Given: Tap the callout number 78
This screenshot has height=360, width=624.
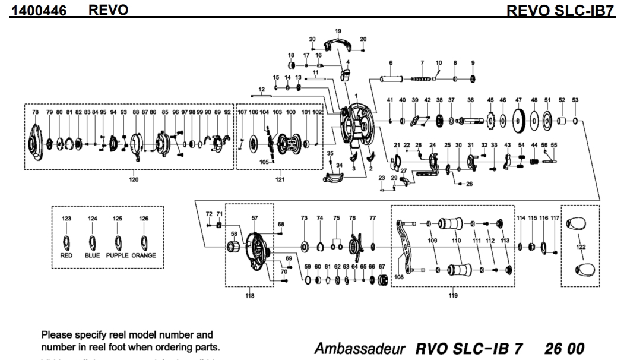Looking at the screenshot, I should coord(35,112).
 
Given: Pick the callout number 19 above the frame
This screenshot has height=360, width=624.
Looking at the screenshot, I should coord(338,30).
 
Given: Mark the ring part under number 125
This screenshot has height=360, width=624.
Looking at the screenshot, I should coord(118,242).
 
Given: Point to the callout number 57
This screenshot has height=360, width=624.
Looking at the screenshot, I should coord(255,219).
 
